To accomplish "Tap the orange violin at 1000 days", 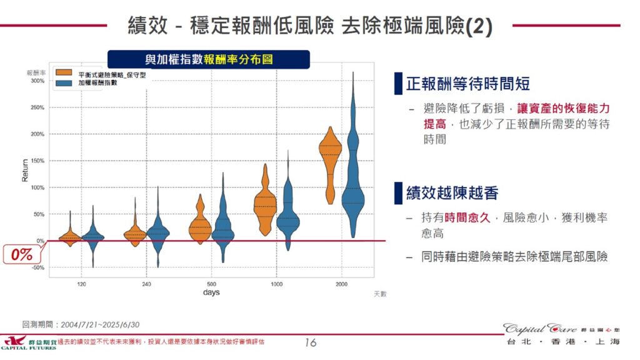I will (x=265, y=206).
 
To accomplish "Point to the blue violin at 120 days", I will (x=93, y=236).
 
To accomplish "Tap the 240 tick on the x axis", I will (x=146, y=284).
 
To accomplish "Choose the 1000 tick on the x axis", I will (x=276, y=284).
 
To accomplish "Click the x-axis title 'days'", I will (x=211, y=292).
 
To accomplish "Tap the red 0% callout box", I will (x=21, y=254).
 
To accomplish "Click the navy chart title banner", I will (x=209, y=59).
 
